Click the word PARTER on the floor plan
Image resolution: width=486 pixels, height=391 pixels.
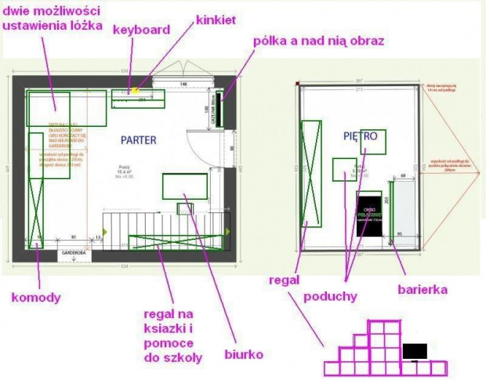[x=139, y=140]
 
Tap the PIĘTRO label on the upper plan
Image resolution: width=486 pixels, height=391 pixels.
[x=361, y=136]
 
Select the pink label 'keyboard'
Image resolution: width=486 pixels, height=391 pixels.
[x=141, y=30]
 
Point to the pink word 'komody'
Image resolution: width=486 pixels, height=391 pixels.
[x=36, y=297]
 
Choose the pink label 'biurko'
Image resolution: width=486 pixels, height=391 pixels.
[x=241, y=355]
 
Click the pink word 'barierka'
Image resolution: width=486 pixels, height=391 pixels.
[x=423, y=290]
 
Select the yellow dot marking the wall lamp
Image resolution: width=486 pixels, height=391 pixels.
[x=134, y=92]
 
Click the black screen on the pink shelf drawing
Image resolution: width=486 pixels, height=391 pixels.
[x=414, y=351]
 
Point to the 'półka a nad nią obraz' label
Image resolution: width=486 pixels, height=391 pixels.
[x=317, y=40]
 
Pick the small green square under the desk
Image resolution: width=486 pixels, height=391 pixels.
[x=185, y=208]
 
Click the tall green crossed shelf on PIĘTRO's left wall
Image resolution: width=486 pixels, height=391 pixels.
[x=311, y=185]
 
